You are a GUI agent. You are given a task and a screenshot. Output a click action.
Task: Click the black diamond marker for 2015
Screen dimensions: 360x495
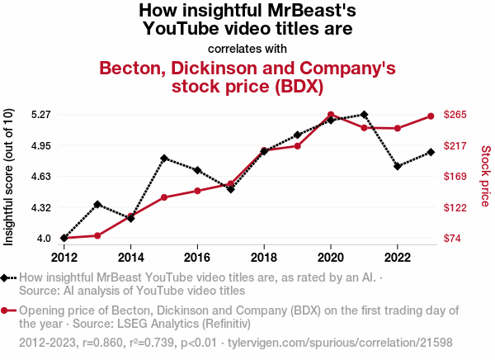point(164,159)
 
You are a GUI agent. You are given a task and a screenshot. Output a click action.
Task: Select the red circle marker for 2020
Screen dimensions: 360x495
point(331,115)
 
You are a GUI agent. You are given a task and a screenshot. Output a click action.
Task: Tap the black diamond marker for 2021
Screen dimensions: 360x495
point(364,115)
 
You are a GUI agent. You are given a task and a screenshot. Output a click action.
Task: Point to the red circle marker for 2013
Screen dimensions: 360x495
point(97,235)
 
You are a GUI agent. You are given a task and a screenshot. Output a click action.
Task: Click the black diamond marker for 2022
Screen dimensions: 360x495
point(398,166)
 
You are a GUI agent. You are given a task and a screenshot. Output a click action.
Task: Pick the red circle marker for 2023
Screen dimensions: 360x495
point(431,116)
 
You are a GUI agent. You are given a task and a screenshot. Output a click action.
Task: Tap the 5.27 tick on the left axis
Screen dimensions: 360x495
point(40,115)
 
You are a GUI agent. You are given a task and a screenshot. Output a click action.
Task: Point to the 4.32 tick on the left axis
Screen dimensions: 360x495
point(40,207)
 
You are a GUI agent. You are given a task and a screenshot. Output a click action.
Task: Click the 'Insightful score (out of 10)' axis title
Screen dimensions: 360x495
point(9,177)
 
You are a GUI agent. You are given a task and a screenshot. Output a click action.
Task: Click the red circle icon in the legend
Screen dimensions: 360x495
point(7,311)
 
